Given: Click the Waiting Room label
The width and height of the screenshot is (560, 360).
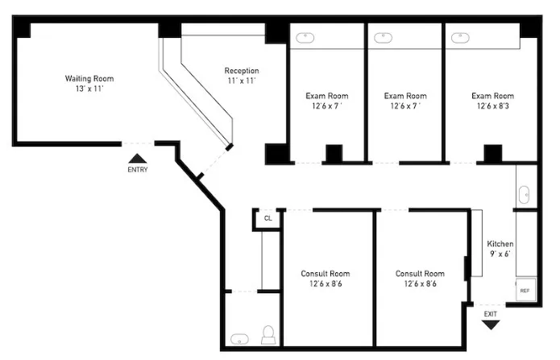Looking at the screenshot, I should coord(89,78).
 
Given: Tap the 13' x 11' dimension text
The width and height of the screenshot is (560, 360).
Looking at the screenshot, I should coord(89,89).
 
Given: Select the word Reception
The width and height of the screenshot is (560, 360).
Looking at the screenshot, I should coord(241,71).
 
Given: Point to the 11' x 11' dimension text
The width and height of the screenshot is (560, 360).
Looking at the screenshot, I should coord(241,81).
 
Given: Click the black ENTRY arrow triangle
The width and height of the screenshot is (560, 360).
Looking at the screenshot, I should coord(138,159).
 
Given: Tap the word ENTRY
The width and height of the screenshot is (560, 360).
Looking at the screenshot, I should coord(138,170).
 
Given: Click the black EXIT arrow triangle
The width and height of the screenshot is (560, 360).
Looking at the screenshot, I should coord(491,324).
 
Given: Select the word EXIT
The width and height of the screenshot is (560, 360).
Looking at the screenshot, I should coord(491,312).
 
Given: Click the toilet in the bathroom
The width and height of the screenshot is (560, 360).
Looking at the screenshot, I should coord(269,335).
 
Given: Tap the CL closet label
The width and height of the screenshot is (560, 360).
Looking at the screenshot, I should coord(268,218).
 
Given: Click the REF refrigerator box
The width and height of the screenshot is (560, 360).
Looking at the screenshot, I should coord(525,290).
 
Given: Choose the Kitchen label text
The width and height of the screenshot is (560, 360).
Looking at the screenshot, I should coord(500,244).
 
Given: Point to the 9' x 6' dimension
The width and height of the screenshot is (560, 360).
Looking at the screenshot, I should coord(500,254).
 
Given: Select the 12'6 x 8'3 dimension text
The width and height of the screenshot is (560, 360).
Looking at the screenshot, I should coord(492,106).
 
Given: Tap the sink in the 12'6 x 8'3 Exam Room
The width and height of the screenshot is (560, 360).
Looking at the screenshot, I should coord(460,37).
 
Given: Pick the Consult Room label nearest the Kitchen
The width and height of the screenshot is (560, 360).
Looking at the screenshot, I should coord(420,274).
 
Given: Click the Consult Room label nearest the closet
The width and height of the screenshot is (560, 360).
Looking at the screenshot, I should coord(326,274).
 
